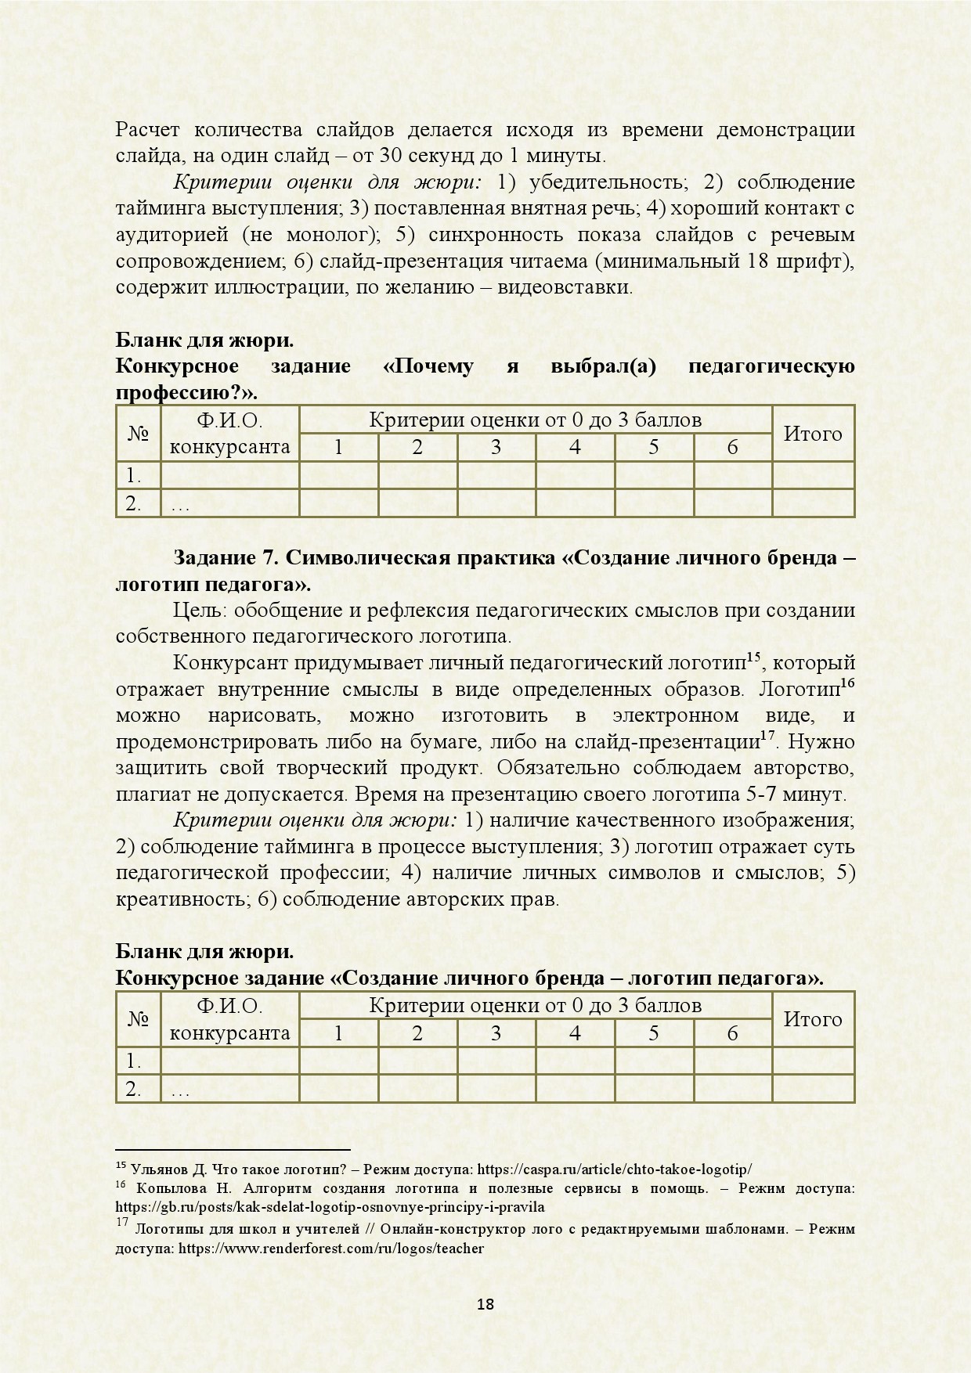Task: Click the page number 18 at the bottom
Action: (485, 1304)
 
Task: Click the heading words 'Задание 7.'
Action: (226, 558)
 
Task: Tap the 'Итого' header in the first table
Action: (813, 434)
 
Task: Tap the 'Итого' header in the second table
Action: (813, 1019)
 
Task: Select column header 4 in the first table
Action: (575, 448)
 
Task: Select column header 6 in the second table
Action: (732, 1033)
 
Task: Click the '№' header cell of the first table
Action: (138, 434)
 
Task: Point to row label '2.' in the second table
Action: (133, 1089)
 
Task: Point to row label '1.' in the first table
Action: (133, 476)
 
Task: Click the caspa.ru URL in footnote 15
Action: (614, 1169)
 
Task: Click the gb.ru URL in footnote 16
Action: (330, 1207)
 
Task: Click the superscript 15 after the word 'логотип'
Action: (753, 658)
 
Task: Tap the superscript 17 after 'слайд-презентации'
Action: (767, 736)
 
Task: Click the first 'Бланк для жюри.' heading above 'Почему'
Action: (204, 341)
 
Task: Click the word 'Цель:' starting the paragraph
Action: (200, 611)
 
